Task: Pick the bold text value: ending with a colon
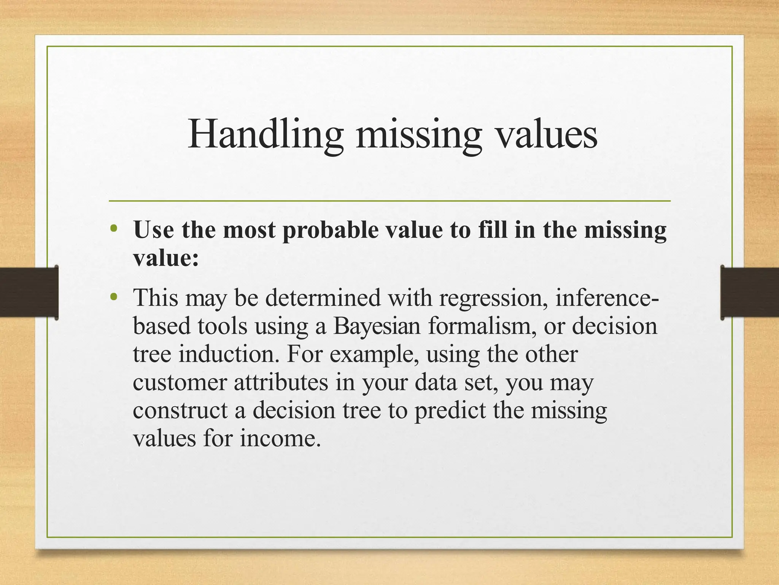tap(166, 259)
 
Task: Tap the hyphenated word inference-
tap(607, 298)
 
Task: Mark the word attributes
tap(281, 382)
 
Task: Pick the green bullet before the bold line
tap(113, 229)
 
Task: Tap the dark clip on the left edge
tap(29, 292)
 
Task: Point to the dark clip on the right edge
tap(750, 292)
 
